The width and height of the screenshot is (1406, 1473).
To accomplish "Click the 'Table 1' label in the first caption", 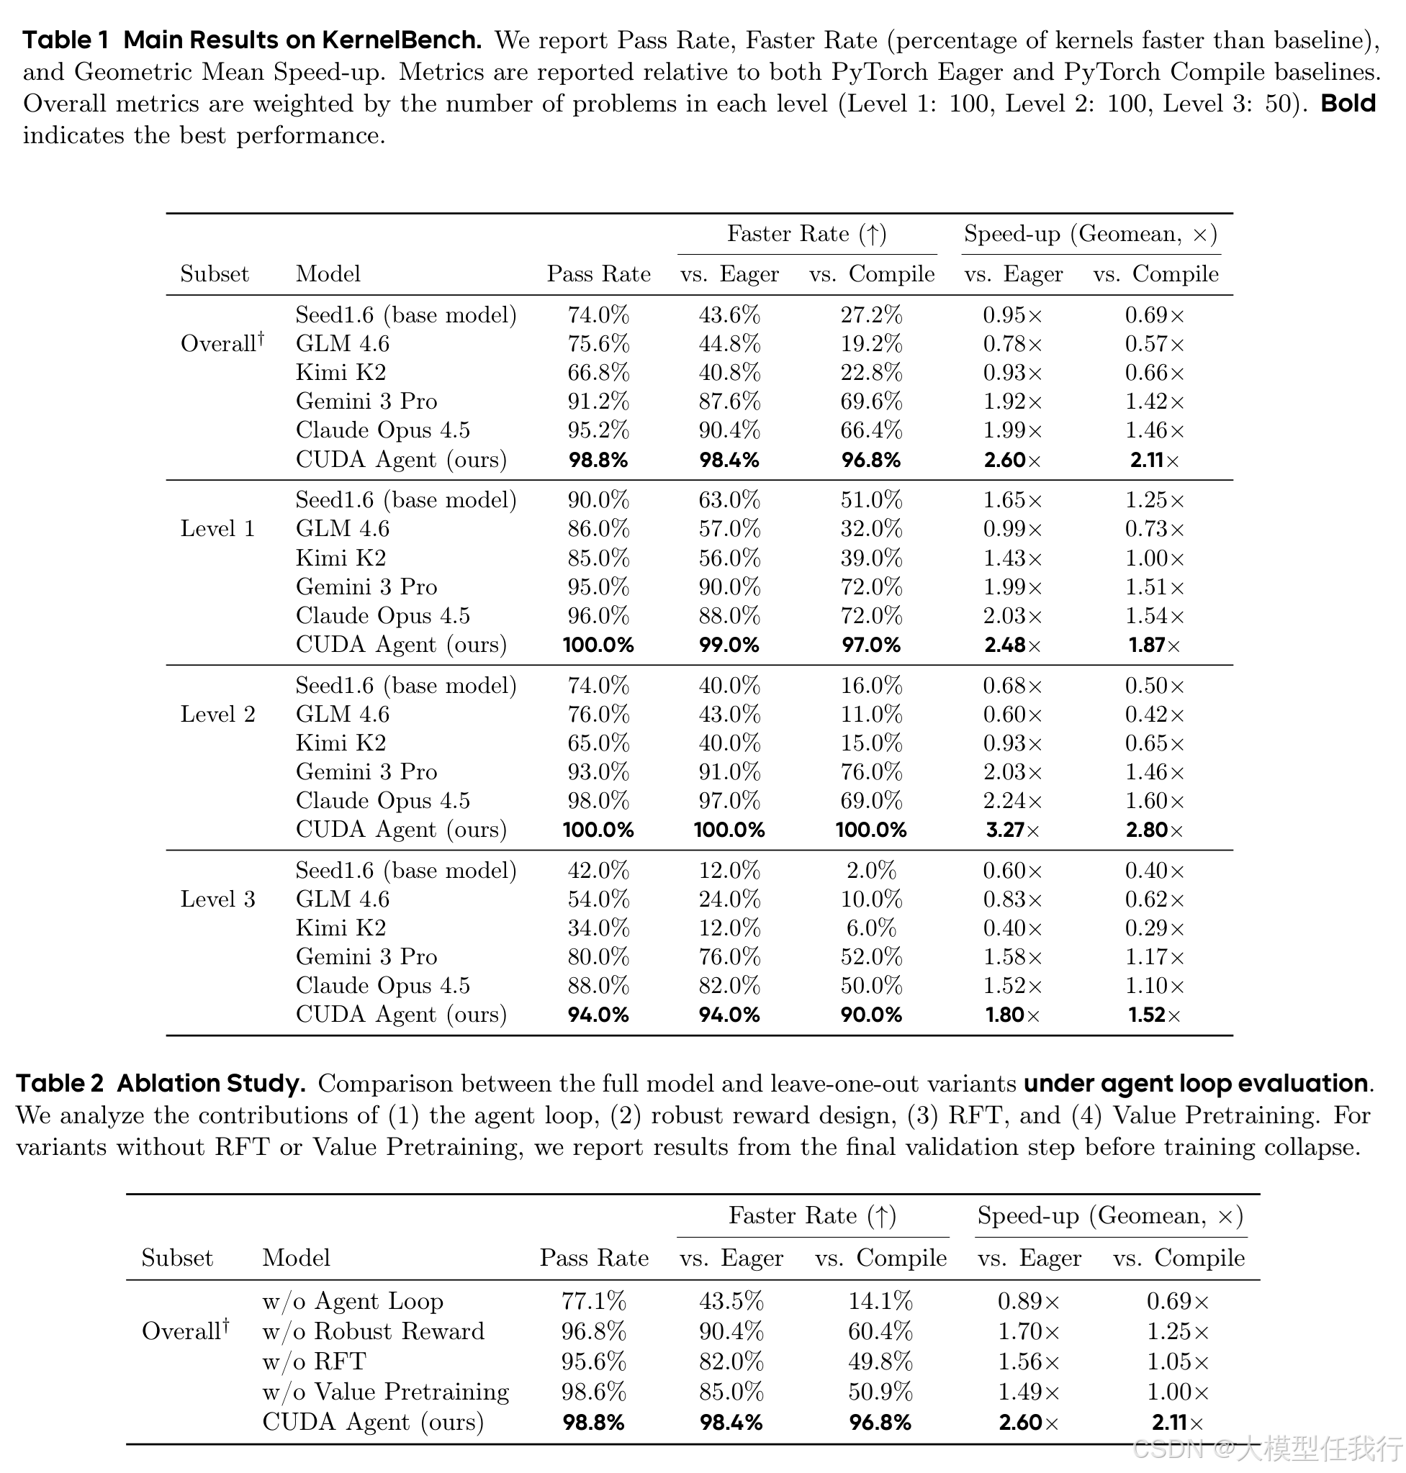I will click(x=66, y=40).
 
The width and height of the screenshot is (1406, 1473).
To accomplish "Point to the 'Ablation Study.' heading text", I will click(x=212, y=1084).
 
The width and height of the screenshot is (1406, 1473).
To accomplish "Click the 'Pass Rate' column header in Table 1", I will click(x=598, y=274).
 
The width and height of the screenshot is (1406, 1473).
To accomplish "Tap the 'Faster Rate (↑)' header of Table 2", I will click(x=812, y=1215).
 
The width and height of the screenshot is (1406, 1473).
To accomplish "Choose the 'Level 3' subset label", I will click(x=217, y=899).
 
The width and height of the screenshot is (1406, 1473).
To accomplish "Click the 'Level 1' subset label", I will click(x=217, y=529).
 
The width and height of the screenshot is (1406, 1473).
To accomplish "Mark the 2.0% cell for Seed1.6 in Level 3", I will click(x=871, y=871).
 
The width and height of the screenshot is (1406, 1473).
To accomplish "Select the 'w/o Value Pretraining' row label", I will click(x=385, y=1392).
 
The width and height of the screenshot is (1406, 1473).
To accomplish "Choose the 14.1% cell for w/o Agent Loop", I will click(x=880, y=1302).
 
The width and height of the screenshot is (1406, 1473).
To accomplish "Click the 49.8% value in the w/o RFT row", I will click(x=880, y=1361).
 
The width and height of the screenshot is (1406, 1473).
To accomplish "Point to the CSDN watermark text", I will click(x=1266, y=1449).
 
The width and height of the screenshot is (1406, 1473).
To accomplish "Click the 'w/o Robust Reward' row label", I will click(x=373, y=1331).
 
